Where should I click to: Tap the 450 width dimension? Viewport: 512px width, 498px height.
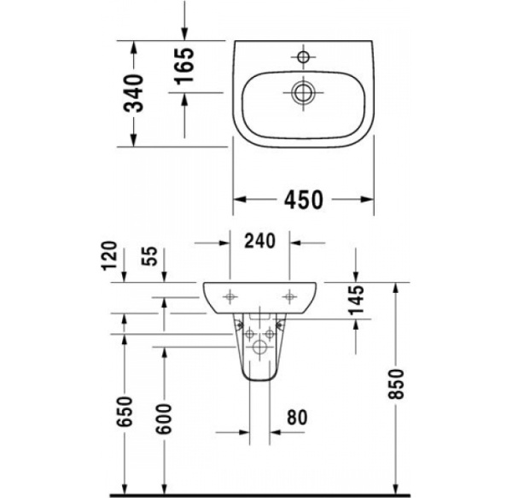303,200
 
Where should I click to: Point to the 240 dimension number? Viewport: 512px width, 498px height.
259,242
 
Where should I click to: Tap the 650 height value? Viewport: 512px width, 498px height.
126,413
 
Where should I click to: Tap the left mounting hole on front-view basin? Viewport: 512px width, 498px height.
230,296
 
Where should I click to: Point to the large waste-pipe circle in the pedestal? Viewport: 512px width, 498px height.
260,348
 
